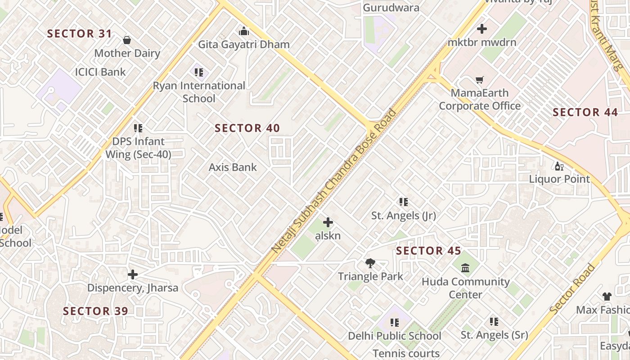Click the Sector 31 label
coord(80,34)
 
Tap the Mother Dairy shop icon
coord(127,40)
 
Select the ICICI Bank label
coord(100,72)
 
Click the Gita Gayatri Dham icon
coord(244,31)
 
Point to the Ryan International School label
coord(199,92)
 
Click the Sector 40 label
coord(247,128)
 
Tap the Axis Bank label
coord(233,167)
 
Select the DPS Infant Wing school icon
coord(138,128)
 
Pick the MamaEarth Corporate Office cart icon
coord(480,80)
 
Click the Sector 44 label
coord(585,112)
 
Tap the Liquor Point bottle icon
coord(559,166)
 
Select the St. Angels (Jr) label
coord(404,216)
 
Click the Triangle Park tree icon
coord(370,263)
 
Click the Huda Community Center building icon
coord(465,268)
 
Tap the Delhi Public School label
coord(395,336)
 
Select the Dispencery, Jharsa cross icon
coord(133,274)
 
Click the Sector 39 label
coord(95,311)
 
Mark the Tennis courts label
coord(406,354)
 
